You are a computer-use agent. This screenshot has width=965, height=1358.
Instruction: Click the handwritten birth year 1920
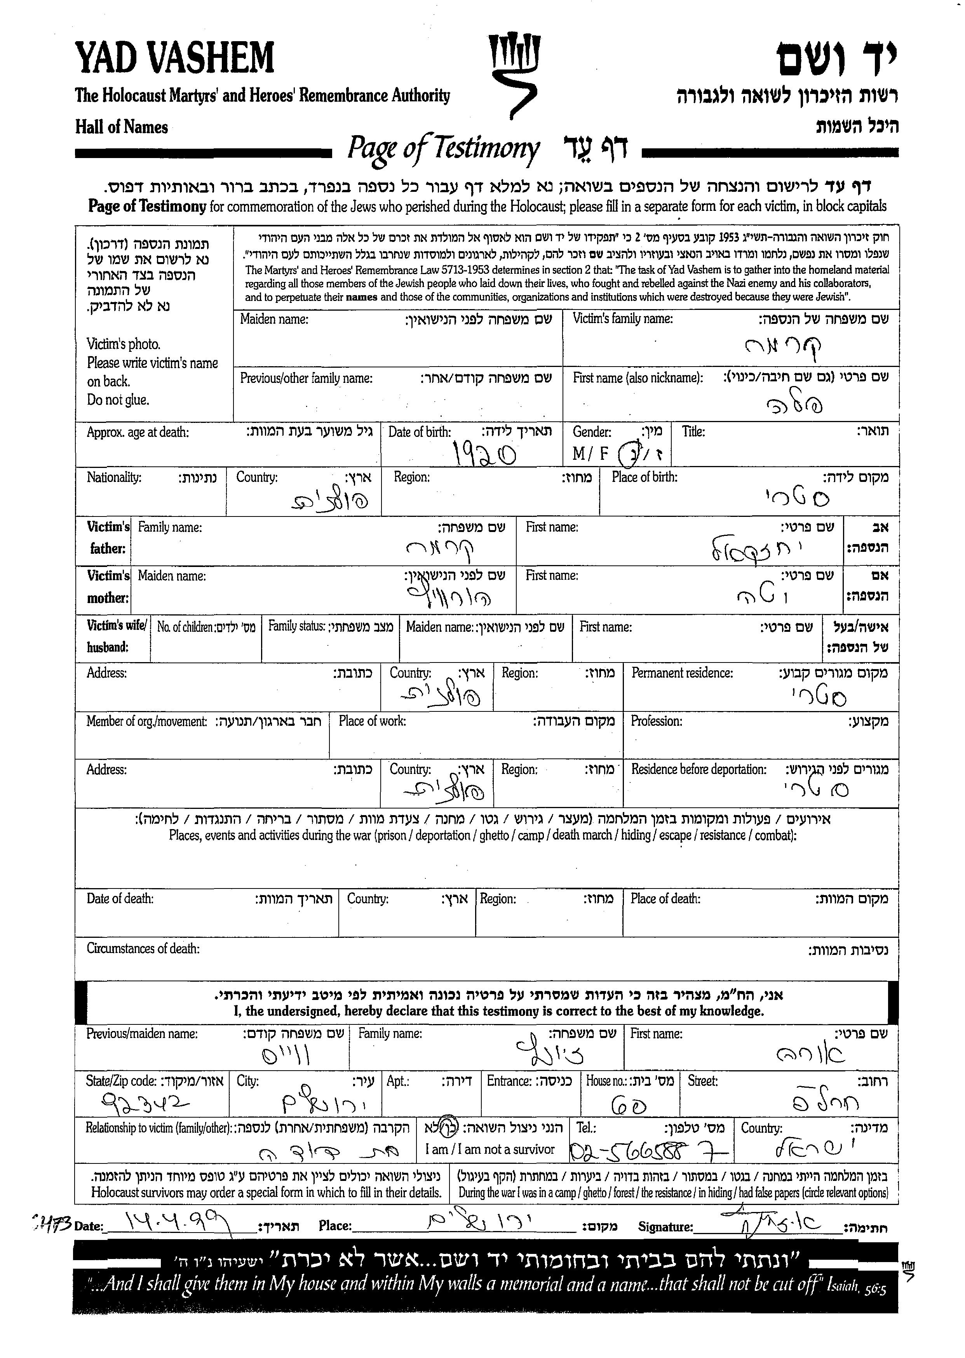tap(484, 454)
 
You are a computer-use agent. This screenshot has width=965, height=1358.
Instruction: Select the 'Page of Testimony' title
tap(443, 148)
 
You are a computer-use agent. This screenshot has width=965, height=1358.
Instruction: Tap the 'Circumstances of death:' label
tap(143, 949)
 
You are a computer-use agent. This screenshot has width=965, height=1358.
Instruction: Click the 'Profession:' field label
tap(656, 721)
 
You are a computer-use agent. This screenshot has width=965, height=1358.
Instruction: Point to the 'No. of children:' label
tap(185, 627)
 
